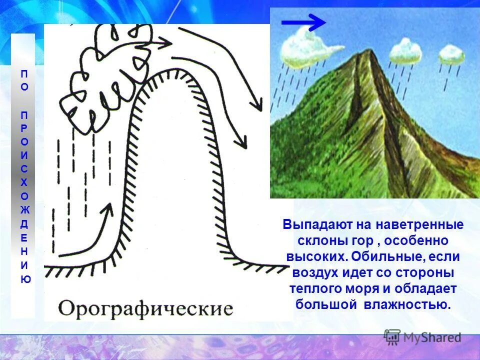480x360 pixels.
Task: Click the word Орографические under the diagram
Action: [x=145, y=307]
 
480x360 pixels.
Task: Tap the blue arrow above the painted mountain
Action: [x=303, y=22]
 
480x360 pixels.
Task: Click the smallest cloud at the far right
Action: [x=451, y=54]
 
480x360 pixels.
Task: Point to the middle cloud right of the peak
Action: [x=405, y=50]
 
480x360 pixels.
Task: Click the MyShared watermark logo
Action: [x=423, y=337]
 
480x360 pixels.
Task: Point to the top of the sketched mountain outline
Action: [x=170, y=72]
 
